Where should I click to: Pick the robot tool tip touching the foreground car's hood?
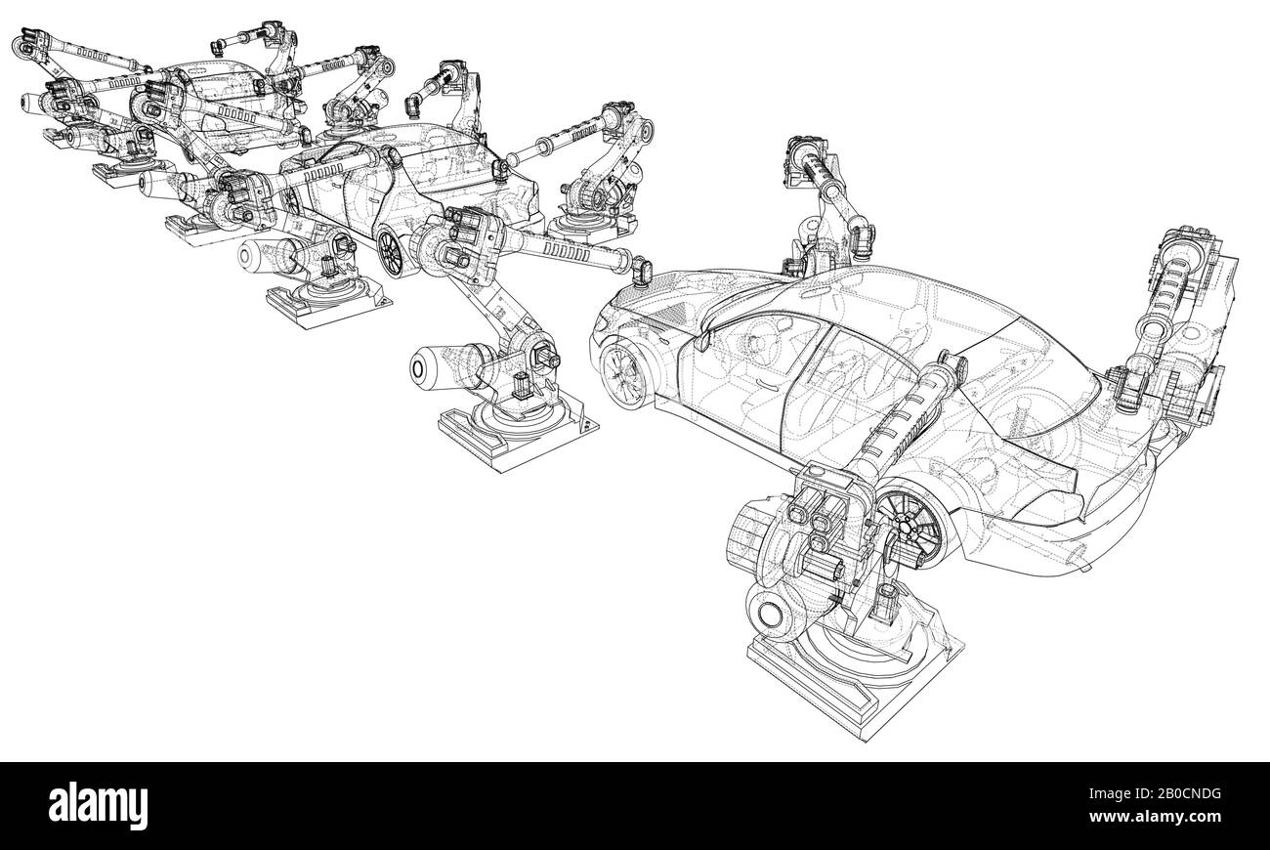[x=641, y=271]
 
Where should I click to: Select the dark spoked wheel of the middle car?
[x=390, y=253]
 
